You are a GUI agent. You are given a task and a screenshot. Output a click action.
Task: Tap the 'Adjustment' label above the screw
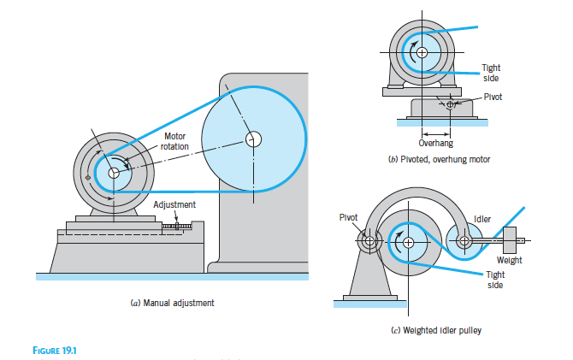click(174, 205)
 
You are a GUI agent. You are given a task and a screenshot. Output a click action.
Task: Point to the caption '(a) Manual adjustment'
click(167, 304)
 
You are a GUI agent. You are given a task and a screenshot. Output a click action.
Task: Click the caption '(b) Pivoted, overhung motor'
click(438, 160)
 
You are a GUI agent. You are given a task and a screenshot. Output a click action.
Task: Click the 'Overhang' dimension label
click(434, 144)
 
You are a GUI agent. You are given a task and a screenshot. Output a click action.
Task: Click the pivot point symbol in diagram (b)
click(452, 104)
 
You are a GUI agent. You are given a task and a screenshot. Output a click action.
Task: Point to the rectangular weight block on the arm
click(510, 240)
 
